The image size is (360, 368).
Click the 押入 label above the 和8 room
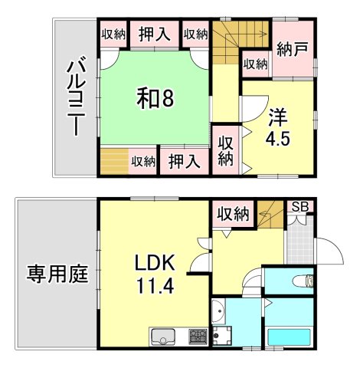coord(153,34)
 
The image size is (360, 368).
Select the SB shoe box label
coord(299,207)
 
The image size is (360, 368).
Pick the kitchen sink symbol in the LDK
coord(164,335)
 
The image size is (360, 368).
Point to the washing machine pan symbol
coord(224,335)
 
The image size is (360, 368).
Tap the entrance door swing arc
coord(329,249)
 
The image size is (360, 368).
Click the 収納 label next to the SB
coord(232,214)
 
